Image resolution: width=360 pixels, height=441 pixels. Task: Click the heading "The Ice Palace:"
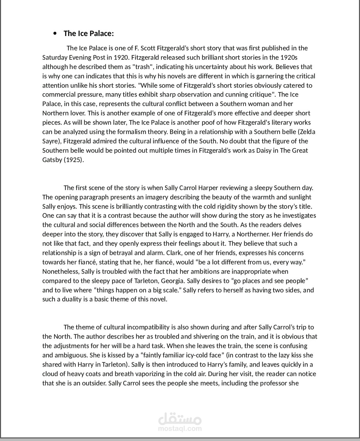[x=89, y=33]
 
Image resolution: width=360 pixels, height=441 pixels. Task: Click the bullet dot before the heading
[x=55, y=33]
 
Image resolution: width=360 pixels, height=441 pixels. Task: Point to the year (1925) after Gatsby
[x=73, y=160]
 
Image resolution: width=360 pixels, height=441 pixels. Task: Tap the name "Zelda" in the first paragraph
[x=308, y=132]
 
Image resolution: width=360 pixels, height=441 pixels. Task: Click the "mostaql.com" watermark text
[x=180, y=429]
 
